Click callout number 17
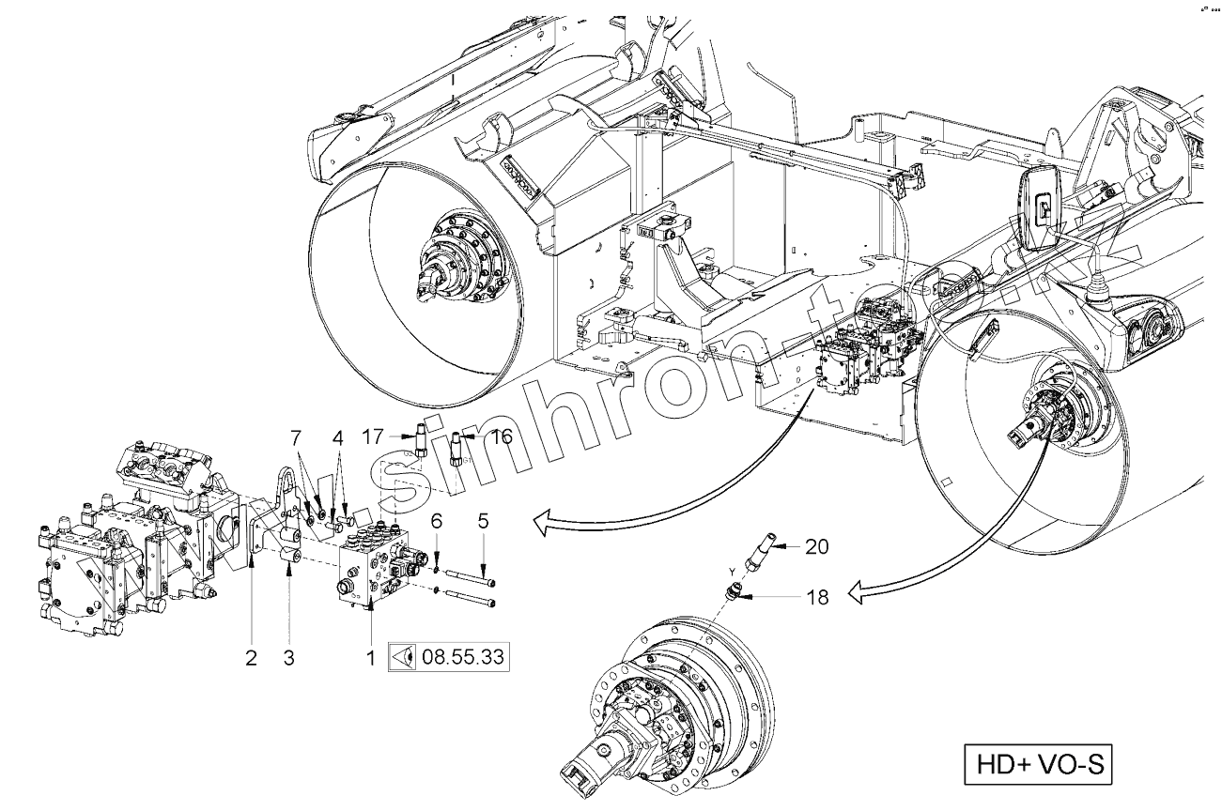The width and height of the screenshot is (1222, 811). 374,436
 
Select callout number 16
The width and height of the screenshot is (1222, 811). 501,436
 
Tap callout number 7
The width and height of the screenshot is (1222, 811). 296,437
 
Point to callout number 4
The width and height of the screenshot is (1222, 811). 337,437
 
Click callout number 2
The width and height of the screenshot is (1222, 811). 251,658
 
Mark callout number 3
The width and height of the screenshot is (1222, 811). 289,658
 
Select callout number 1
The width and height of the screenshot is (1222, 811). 372,658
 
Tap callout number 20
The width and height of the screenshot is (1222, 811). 816,545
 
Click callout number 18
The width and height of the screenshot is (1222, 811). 818,595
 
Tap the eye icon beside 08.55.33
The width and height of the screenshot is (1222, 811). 404,657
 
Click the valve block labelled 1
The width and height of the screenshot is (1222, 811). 375,567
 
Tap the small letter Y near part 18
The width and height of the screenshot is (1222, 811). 731,571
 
